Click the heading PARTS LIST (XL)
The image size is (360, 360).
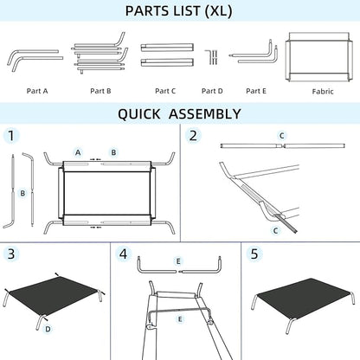179,12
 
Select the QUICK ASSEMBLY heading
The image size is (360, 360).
179,113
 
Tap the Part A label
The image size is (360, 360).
38,90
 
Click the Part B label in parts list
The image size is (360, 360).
100,90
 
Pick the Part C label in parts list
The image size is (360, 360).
165,90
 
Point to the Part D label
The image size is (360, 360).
212,90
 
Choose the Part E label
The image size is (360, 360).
255,90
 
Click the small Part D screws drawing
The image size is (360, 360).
212,57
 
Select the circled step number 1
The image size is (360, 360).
11,136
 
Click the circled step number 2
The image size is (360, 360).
193,136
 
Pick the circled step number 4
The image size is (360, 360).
124,254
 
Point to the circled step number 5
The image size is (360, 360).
254,254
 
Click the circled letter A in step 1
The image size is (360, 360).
77,152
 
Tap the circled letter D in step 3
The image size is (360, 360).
48,329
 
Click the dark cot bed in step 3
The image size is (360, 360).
56,294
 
